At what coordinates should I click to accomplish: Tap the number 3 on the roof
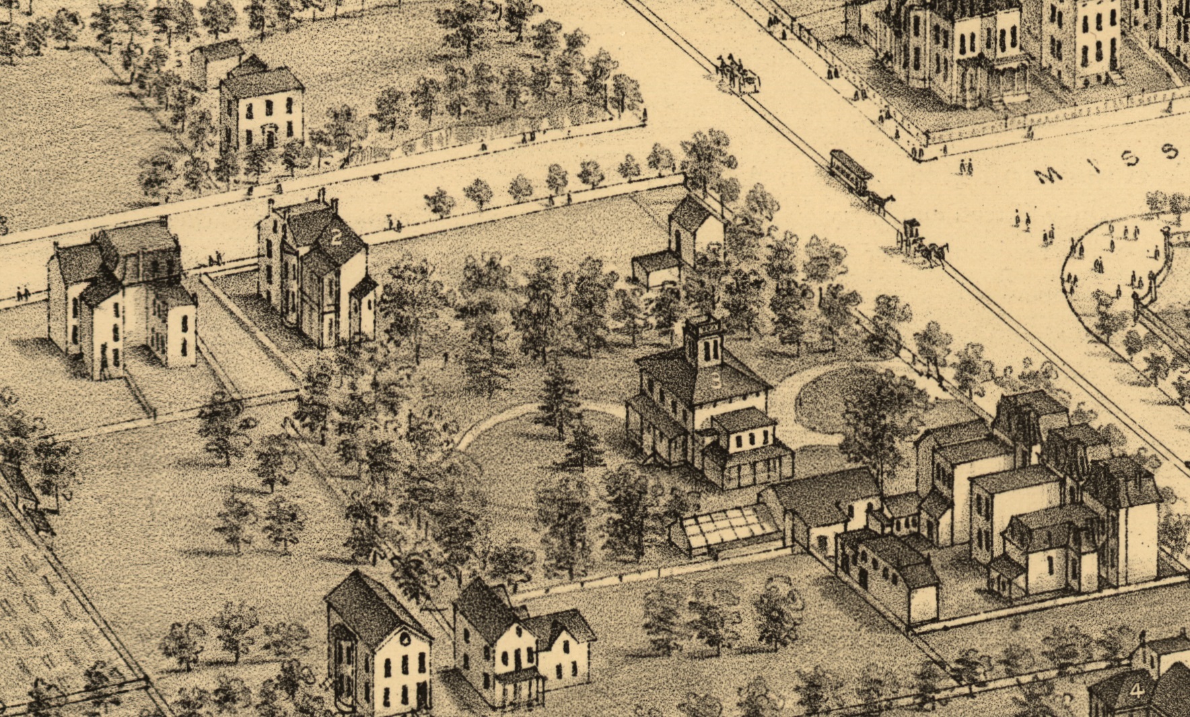(x=715, y=379)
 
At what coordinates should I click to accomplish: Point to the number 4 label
(x=1137, y=690)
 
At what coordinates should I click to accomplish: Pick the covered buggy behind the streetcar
(x=911, y=232)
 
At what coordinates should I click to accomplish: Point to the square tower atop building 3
(x=703, y=342)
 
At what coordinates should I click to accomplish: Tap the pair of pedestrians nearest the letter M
(x=967, y=165)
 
